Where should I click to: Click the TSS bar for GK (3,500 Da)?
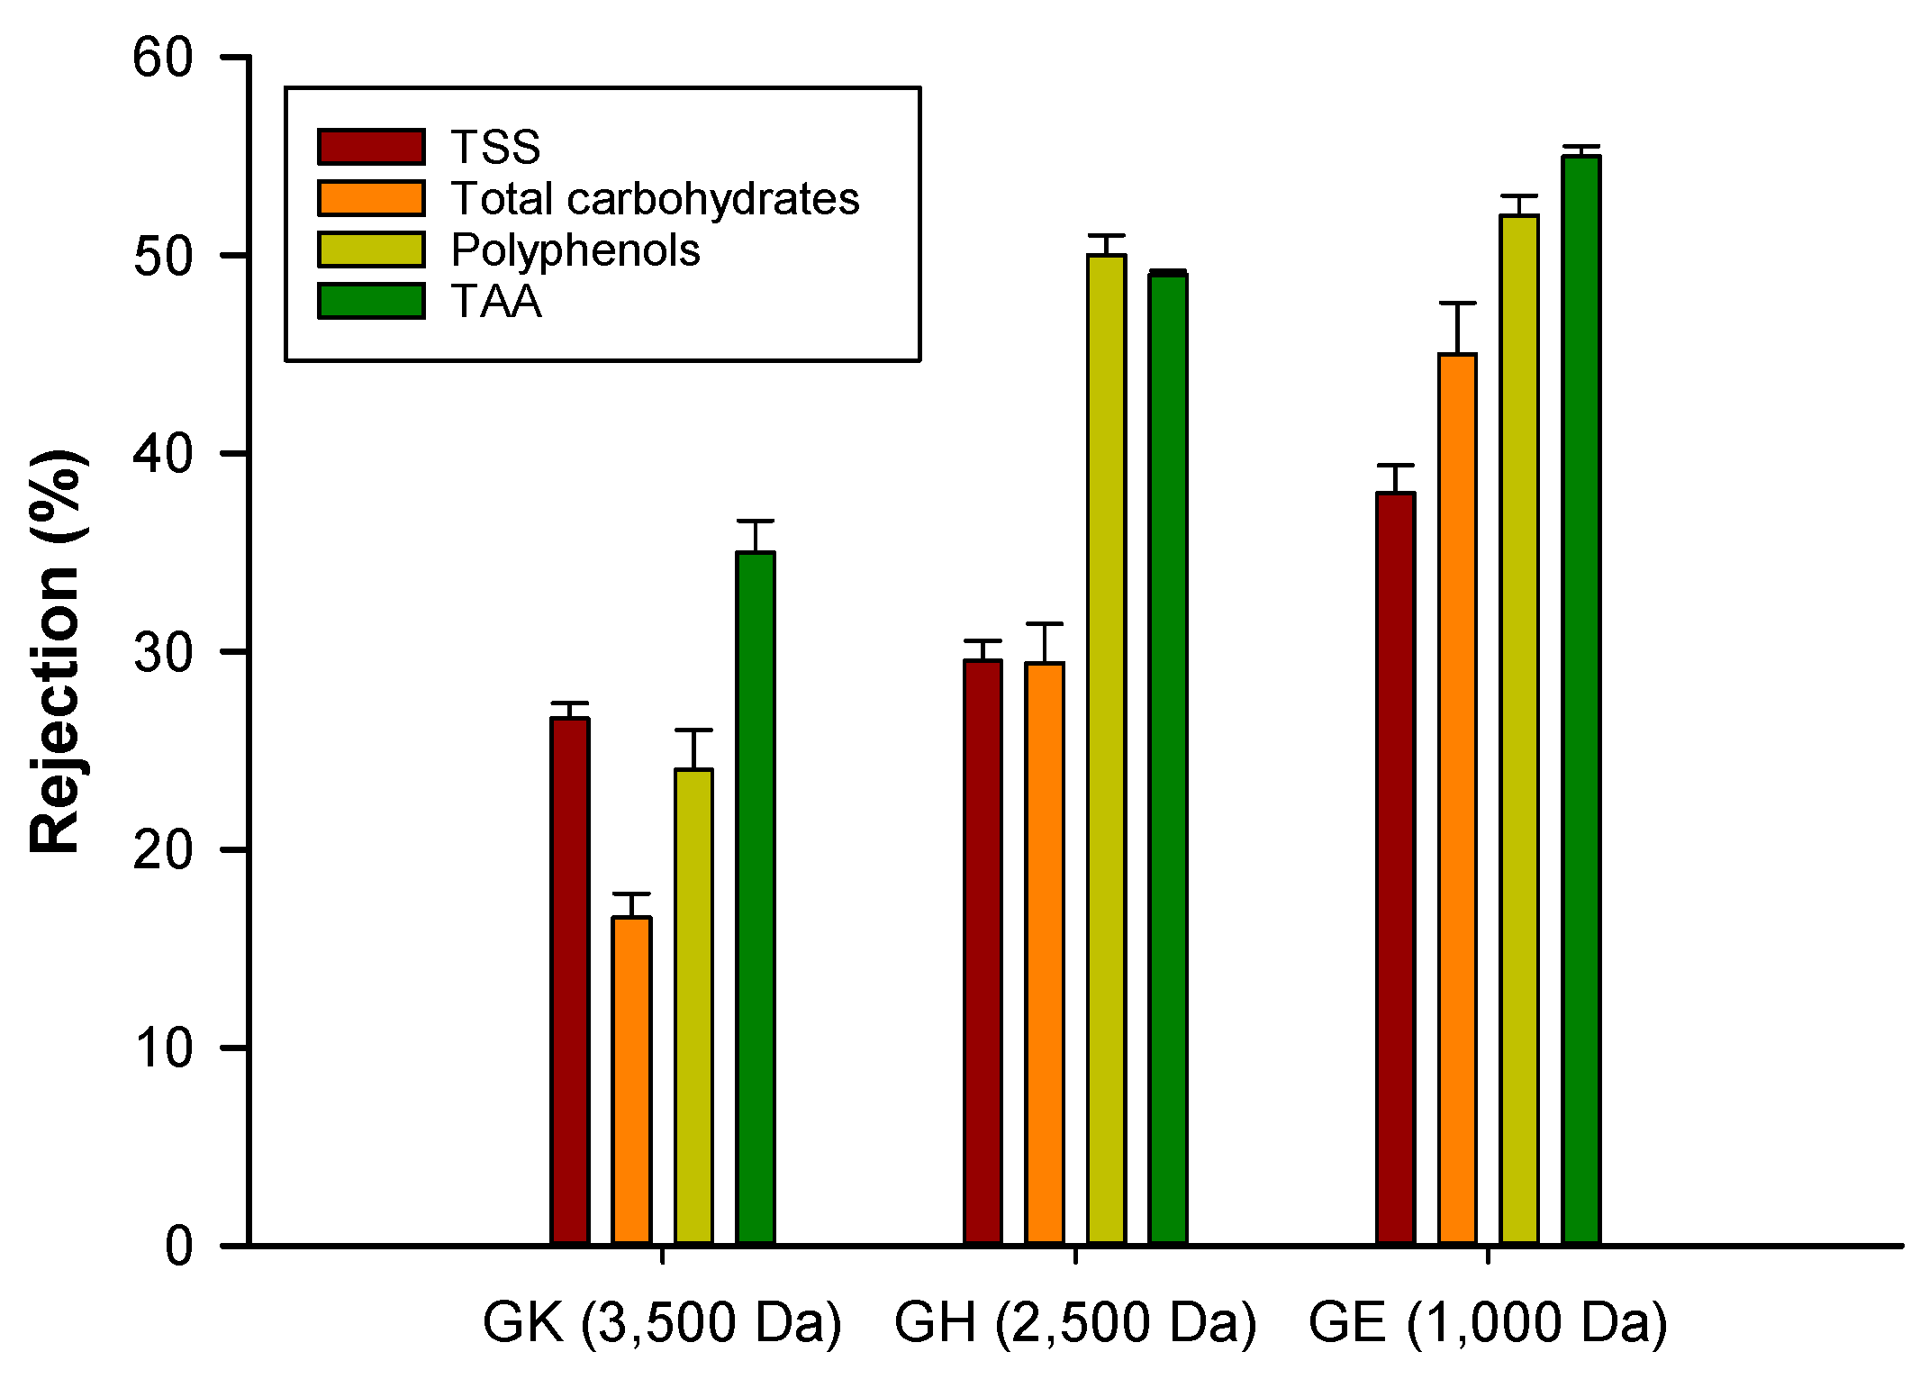[569, 982]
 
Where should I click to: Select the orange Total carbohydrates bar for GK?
[631, 1081]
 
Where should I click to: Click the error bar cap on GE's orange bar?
[1457, 304]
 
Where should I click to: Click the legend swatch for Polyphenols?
[371, 249]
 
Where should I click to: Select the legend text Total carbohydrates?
[655, 198]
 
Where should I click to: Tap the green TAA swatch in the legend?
[371, 301]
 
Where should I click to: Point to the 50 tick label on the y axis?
[163, 256]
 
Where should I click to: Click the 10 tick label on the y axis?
[163, 1048]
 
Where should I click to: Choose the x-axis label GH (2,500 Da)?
[1074, 1322]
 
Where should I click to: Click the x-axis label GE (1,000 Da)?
[1488, 1322]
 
